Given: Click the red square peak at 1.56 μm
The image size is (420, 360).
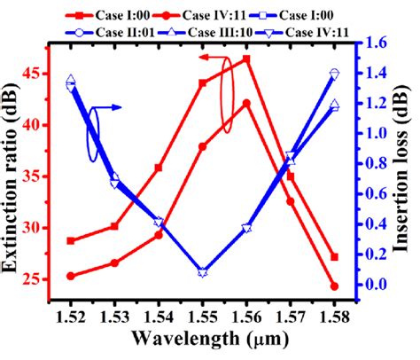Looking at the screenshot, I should click(246, 59).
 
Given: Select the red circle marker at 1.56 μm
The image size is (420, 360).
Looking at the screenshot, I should click(246, 103).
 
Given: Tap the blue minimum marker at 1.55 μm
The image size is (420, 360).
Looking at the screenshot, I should click(202, 272).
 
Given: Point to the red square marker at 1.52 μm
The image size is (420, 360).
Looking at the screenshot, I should click(71, 240).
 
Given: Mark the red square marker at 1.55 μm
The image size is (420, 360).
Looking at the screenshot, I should click(202, 83).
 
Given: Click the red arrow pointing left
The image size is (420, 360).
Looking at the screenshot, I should click(210, 58).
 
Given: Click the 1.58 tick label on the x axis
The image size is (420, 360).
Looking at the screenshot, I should click(334, 317).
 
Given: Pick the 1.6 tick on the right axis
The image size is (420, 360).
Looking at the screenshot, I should click(374, 43).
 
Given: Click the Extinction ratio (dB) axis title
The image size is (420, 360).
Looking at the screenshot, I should click(15, 168).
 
